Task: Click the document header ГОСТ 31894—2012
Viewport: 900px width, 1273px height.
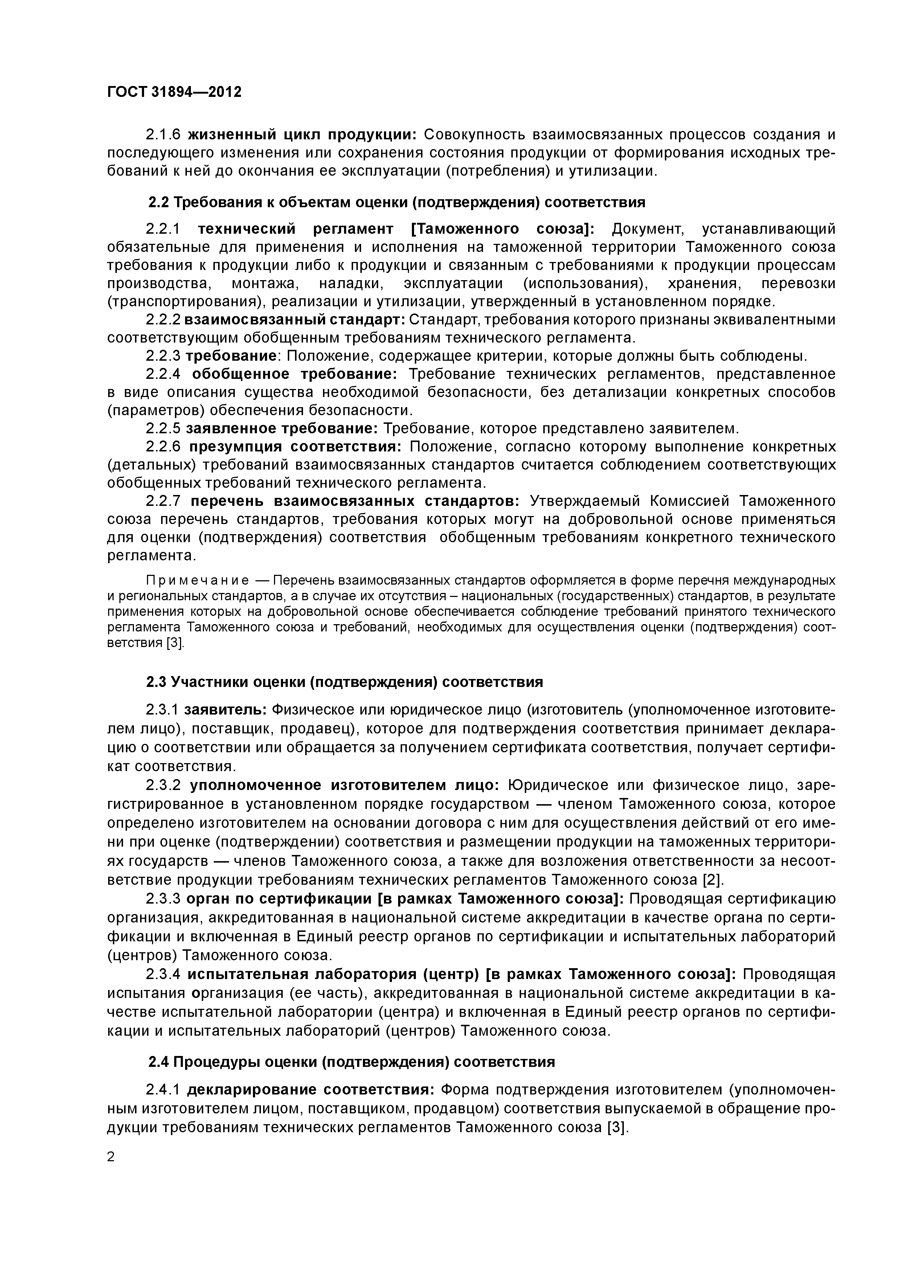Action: [174, 92]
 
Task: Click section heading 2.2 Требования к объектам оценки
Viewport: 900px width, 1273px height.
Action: [397, 202]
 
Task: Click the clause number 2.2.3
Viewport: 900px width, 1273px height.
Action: [164, 355]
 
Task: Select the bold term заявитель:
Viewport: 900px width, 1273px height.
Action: [226, 710]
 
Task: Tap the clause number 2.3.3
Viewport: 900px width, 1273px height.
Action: [164, 899]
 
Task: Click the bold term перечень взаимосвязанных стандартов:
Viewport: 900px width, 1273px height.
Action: [355, 501]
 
